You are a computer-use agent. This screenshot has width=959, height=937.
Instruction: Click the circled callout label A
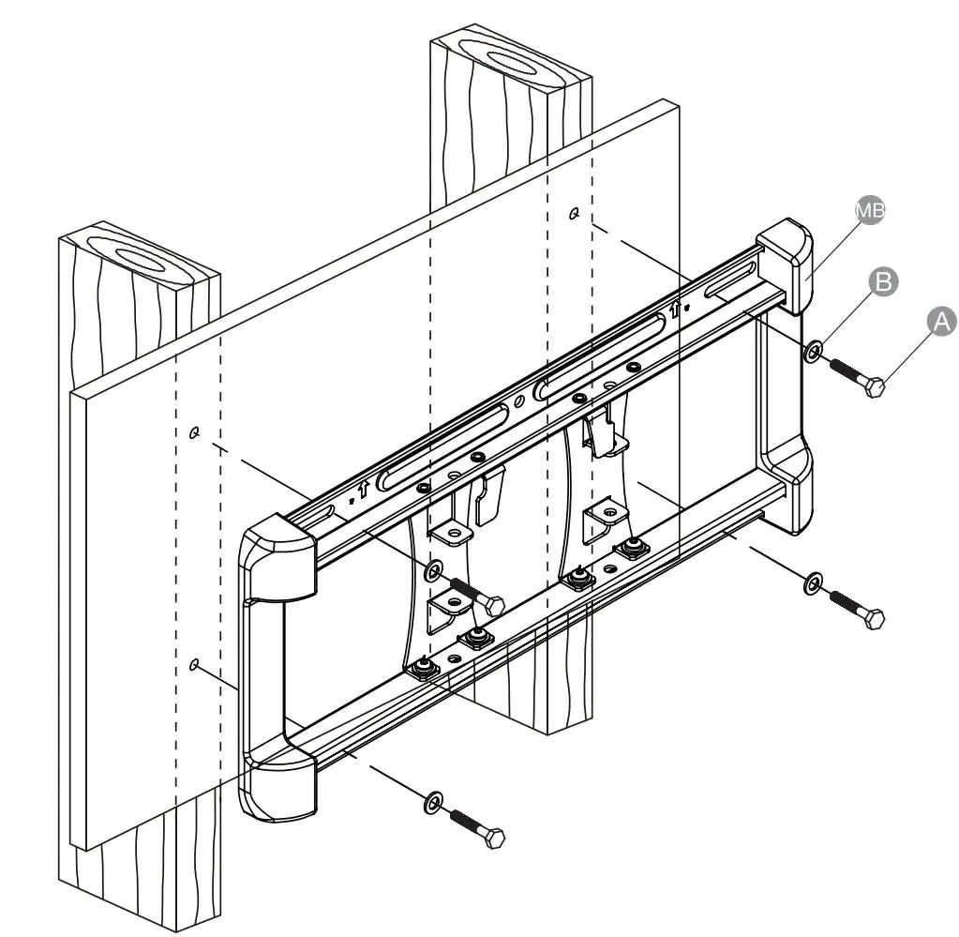coord(941,321)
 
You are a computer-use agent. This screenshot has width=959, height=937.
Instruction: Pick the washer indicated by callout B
coord(814,352)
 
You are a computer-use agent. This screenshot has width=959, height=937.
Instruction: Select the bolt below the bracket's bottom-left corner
coord(479,828)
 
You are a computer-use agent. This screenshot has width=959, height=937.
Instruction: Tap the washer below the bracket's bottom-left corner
coord(433,802)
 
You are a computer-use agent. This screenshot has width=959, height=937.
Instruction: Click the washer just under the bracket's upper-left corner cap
coord(434,569)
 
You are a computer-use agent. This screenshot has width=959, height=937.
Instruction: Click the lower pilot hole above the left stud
coord(194,665)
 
